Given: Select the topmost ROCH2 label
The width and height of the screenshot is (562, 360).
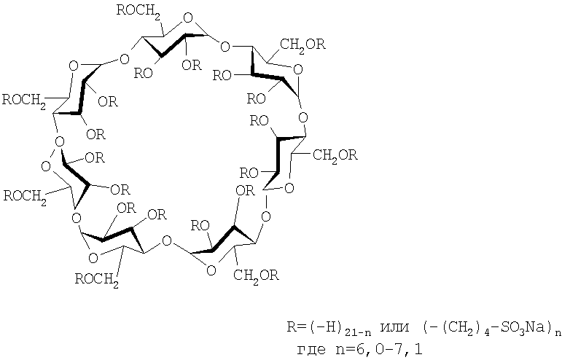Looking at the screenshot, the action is [x=138, y=12].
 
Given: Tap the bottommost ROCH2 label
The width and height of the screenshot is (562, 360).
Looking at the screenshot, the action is [x=97, y=280].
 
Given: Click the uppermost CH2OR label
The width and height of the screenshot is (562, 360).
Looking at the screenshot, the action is [x=303, y=44].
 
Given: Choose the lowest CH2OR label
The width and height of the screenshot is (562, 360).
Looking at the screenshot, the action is [x=256, y=275].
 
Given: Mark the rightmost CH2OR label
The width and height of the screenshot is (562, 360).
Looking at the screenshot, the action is [x=335, y=156].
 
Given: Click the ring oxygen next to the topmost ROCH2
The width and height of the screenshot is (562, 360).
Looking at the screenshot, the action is [x=187, y=18].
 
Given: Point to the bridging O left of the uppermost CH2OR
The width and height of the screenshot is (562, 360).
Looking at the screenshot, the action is [x=225, y=47].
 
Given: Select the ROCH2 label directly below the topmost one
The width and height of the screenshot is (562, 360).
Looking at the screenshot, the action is [x=24, y=101].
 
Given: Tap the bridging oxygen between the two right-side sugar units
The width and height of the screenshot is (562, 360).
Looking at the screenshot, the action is [x=303, y=117].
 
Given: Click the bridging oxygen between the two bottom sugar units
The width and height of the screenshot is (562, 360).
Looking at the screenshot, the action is [x=167, y=240].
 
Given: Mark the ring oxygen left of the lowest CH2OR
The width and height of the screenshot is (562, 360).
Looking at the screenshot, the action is [x=211, y=270].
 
